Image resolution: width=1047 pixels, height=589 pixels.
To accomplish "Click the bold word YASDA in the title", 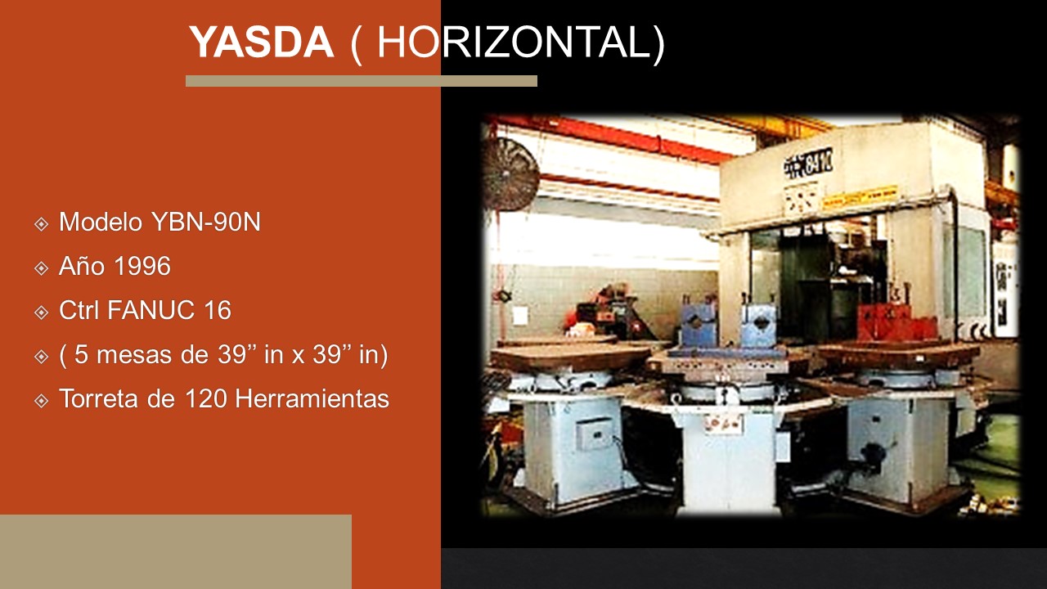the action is [x=261, y=42].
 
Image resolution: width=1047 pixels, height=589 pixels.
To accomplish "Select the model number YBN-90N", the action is [x=206, y=222].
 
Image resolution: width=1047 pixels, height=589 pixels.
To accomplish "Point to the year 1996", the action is [x=142, y=266].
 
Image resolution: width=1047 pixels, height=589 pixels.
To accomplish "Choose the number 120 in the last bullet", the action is [x=206, y=398].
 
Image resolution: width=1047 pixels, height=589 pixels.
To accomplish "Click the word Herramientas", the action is [x=312, y=398].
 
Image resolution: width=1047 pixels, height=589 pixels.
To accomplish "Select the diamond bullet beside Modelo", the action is [x=42, y=224].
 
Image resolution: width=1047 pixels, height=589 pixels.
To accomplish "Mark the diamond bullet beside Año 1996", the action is [x=42, y=268].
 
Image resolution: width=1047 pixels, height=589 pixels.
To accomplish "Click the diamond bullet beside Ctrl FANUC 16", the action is [x=42, y=312].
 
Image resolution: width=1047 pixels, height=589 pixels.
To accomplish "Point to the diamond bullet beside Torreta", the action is [x=42, y=401].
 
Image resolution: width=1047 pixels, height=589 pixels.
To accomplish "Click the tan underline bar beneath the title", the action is [x=362, y=81].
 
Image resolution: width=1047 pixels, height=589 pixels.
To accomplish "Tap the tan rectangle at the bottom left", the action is [x=176, y=551].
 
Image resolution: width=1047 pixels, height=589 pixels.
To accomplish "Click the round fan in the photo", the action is [x=510, y=174].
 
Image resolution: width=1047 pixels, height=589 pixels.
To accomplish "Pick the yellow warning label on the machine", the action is [x=860, y=198].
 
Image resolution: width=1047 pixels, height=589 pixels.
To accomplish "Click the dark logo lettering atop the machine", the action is [x=808, y=163].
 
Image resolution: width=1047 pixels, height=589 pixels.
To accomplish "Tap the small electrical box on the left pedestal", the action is [x=595, y=434].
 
